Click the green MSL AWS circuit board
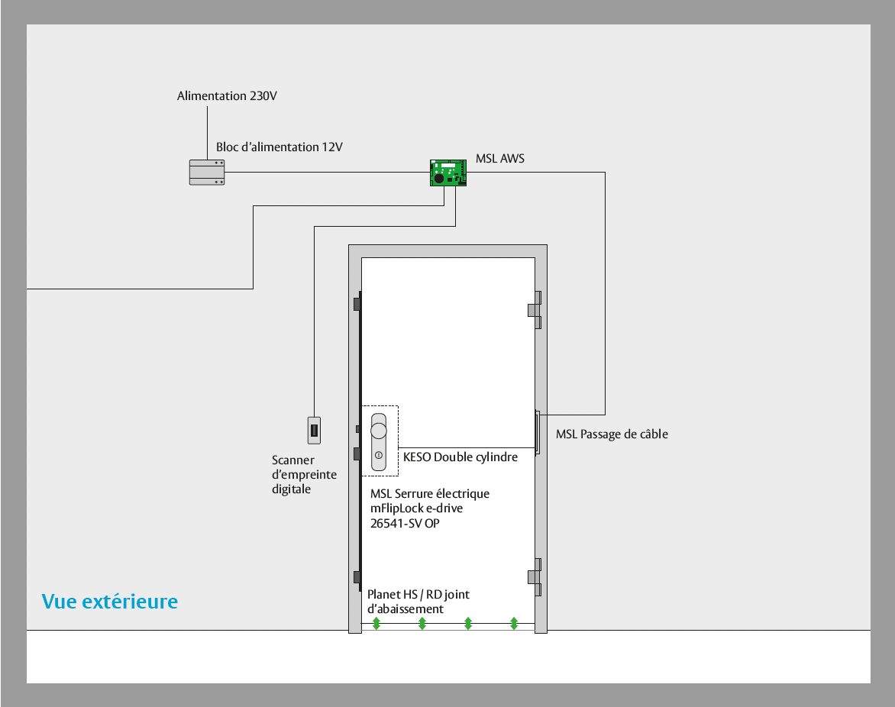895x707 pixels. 448,173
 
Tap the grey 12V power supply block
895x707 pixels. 207,173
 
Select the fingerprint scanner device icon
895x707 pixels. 314,431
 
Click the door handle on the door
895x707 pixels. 379,428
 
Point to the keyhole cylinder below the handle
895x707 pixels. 379,455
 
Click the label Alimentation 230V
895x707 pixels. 227,96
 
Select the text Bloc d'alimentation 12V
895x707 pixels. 279,147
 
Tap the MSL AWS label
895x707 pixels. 500,159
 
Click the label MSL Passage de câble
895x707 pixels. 612,434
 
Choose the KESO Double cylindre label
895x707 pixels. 460,457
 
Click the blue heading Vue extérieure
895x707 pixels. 110,602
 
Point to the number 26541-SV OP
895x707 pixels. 405,523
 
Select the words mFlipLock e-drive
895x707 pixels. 416,508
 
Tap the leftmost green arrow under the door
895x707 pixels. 376,624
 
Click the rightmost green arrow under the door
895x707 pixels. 514,624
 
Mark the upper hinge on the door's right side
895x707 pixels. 535,310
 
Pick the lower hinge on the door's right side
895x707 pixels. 535,577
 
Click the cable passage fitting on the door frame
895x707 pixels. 537,432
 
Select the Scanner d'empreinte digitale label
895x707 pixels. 304,475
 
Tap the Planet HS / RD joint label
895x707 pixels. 418,595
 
